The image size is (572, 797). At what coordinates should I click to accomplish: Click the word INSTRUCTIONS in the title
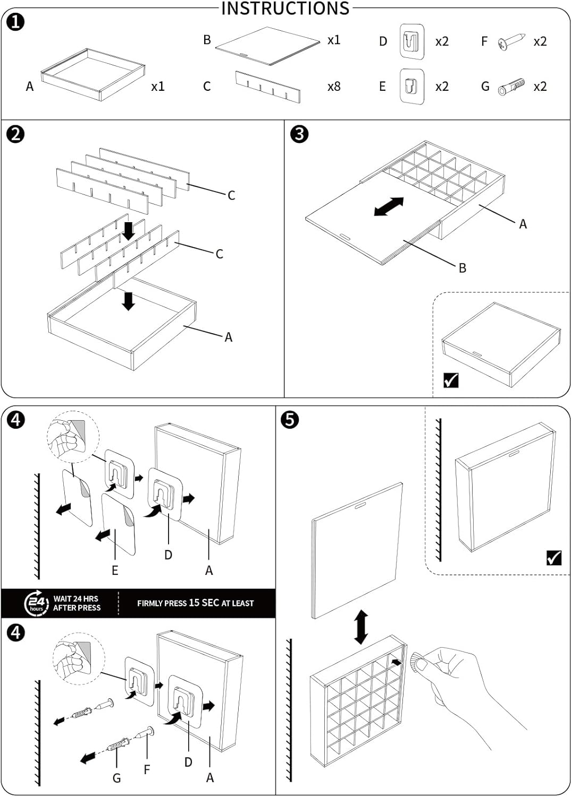click(285, 9)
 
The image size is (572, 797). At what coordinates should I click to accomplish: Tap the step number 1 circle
click(16, 22)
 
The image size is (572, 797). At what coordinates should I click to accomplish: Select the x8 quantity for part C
click(333, 87)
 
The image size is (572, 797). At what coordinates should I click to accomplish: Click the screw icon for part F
click(511, 41)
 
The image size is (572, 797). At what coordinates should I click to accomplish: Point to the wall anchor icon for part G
click(511, 87)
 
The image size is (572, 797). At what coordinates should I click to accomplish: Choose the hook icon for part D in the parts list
click(412, 41)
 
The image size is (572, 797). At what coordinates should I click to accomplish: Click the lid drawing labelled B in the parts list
click(267, 46)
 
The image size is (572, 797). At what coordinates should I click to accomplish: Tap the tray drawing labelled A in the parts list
click(93, 74)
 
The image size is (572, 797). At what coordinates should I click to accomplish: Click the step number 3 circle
click(299, 134)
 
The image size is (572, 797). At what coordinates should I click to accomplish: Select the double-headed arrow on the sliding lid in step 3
click(389, 207)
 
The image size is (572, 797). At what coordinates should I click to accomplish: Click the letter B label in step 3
click(462, 268)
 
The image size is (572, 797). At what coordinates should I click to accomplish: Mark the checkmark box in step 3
click(451, 380)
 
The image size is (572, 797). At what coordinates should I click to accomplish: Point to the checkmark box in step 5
click(553, 558)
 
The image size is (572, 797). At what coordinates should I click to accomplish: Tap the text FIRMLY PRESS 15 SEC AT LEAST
click(195, 603)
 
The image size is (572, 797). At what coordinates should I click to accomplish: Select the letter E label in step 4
click(115, 571)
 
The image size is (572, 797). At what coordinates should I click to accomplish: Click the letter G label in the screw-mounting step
click(116, 778)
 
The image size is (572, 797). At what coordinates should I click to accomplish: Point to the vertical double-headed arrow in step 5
click(361, 627)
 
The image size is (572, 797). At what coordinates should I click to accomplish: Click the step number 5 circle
click(290, 419)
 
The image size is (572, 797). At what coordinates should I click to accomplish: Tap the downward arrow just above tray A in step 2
click(128, 301)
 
